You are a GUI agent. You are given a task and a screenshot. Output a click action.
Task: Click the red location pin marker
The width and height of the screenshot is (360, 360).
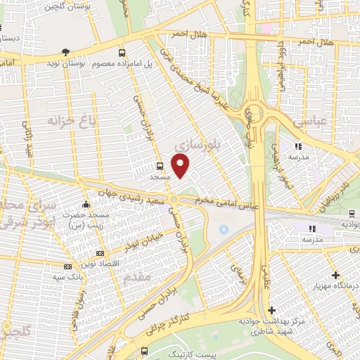(x=181, y=165)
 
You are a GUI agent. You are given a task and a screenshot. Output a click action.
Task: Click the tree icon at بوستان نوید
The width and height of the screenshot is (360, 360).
(x=66, y=52)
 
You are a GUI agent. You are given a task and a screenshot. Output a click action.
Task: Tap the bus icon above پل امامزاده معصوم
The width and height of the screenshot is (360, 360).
(x=122, y=53)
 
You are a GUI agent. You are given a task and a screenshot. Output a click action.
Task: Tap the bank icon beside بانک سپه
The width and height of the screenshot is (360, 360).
(x=67, y=266)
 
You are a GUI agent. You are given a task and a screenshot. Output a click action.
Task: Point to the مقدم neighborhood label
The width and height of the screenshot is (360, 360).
(x=137, y=278)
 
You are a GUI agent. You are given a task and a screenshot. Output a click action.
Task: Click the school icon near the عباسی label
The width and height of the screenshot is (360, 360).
(x=298, y=146)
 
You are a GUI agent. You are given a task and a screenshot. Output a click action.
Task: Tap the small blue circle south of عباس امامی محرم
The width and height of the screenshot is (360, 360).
(x=224, y=230)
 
